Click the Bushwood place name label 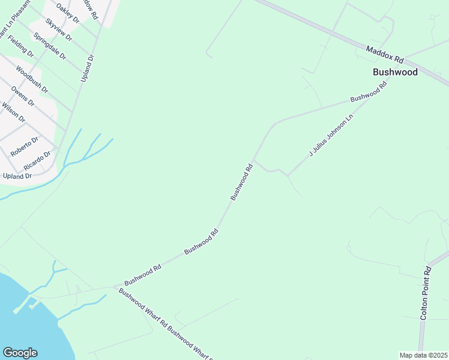[x=394, y=72]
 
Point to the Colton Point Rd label [x=426, y=292]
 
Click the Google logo [x=20, y=353]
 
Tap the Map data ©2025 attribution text [x=424, y=355]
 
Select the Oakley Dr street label [x=67, y=13]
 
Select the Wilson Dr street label [x=13, y=112]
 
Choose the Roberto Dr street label [x=25, y=146]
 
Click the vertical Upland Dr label [x=86, y=68]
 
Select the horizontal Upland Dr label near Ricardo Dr [x=17, y=176]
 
